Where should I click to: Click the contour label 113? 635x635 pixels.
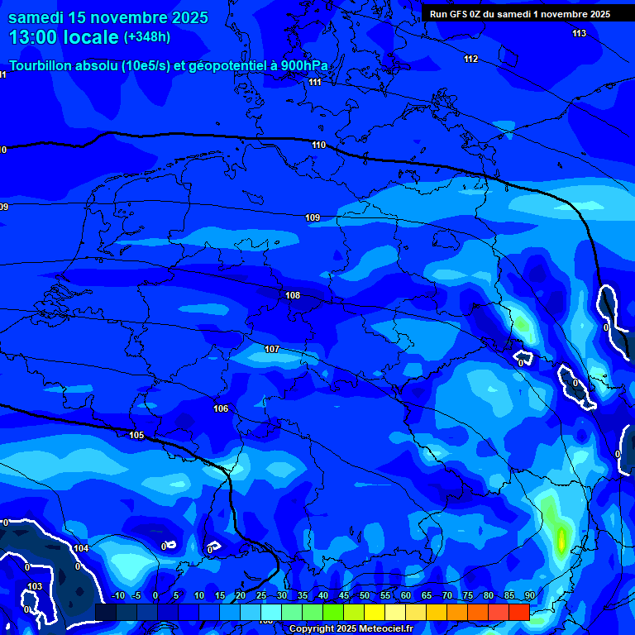[579, 33]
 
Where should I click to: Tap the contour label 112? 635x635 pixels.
[470, 59]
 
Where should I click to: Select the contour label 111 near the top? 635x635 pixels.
[314, 82]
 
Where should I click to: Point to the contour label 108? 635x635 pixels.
[293, 295]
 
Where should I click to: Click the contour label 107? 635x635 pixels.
[272, 349]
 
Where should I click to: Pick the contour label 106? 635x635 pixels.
[221, 408]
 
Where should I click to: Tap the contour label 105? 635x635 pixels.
[136, 435]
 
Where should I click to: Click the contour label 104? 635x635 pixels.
[81, 548]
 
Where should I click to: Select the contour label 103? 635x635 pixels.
[34, 586]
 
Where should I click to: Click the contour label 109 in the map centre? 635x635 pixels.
[313, 217]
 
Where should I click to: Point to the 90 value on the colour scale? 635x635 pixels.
[529, 595]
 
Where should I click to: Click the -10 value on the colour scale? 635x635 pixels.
[117, 595]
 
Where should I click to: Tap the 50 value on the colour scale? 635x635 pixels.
[365, 595]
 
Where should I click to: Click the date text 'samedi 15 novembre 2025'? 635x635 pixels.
[107, 17]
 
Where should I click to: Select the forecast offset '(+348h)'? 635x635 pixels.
[149, 37]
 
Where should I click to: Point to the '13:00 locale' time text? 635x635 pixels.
[64, 37]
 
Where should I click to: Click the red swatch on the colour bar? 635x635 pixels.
[518, 612]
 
